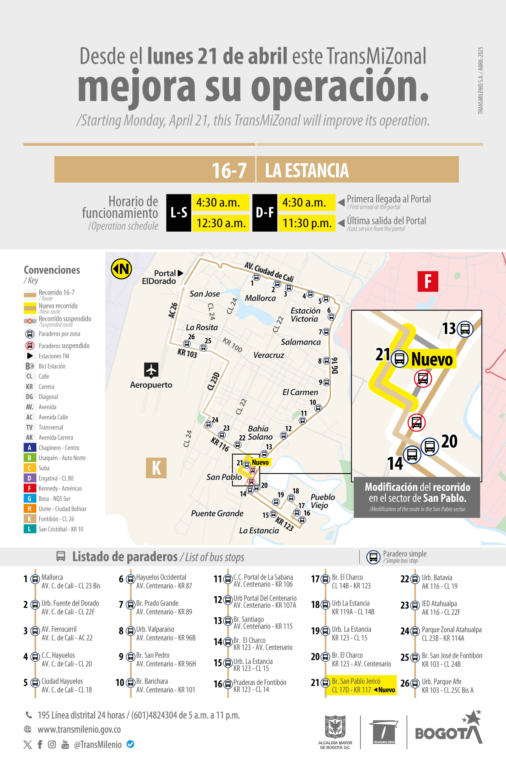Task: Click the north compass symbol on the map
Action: click(121, 269)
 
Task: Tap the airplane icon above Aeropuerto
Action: click(151, 370)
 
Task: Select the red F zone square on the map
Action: click(428, 282)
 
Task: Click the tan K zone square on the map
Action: click(156, 468)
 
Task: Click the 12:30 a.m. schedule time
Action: click(221, 223)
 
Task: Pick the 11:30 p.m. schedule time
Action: click(307, 223)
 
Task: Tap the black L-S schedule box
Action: click(179, 213)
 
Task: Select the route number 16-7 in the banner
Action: click(229, 171)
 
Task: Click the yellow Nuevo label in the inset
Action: click(432, 359)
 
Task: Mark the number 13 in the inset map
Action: click(449, 329)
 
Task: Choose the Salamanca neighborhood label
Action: click(301, 342)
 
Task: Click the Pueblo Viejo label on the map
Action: click(322, 501)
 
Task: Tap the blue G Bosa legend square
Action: click(29, 499)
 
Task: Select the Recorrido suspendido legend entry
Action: click(64, 319)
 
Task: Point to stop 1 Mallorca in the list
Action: click(52, 577)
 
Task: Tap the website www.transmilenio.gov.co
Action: click(79, 729)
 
